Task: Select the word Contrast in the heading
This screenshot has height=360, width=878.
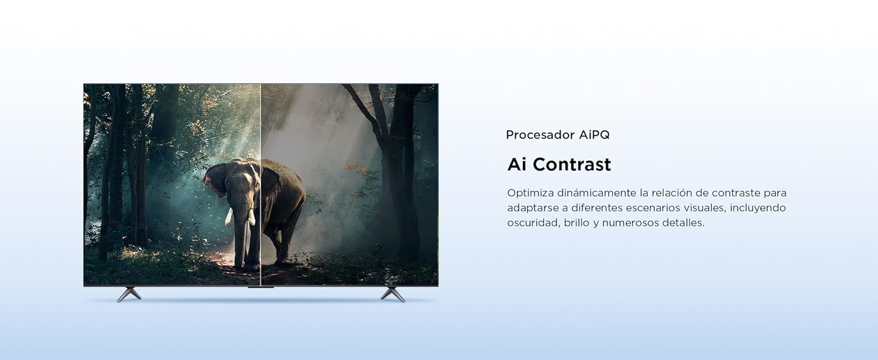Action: pos(572,164)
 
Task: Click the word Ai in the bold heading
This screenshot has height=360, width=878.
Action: pos(516,164)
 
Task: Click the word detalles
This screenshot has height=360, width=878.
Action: pos(683,223)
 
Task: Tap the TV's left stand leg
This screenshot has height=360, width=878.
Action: pos(129,295)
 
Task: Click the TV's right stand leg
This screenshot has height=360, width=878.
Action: pos(393,295)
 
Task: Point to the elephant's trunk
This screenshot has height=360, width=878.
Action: pos(240,235)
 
